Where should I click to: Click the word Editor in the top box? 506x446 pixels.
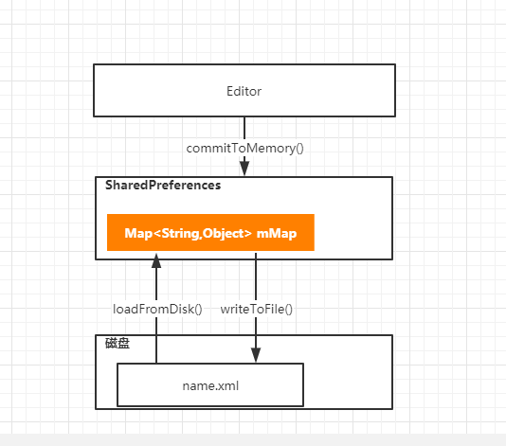click(244, 91)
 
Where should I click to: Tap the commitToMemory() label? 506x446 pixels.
click(244, 149)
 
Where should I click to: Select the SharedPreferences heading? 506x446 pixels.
click(163, 185)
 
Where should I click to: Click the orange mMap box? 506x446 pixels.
click(210, 233)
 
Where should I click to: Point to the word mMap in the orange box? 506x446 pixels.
click(277, 233)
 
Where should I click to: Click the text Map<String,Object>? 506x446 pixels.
click(189, 234)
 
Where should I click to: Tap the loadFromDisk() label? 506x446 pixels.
click(157, 309)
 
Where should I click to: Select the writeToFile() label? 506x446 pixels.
click(257, 309)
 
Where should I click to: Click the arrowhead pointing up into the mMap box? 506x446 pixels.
click(156, 261)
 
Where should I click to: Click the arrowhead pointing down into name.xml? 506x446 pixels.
click(256, 355)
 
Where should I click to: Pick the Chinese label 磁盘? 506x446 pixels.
click(117, 343)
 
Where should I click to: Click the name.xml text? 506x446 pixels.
click(210, 385)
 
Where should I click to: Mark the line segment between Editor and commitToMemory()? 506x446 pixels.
click(244, 129)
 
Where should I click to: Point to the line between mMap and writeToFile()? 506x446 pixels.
click(256, 277)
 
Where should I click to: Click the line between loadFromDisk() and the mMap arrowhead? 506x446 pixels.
click(156, 285)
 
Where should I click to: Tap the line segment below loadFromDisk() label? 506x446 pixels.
click(156, 340)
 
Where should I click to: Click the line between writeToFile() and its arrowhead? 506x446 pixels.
click(256, 332)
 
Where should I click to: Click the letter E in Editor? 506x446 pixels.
click(229, 91)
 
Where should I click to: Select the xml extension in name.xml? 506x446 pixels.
click(227, 385)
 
